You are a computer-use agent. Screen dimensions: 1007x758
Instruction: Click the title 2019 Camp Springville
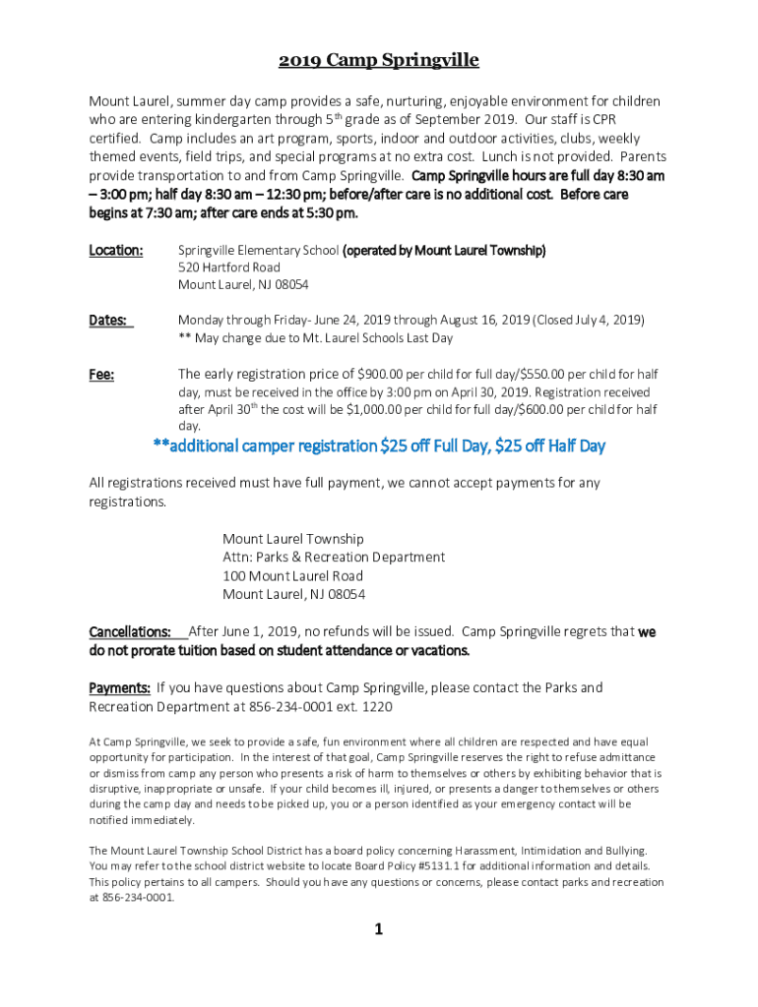(379, 61)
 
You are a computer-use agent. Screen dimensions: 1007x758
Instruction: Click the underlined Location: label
(116, 250)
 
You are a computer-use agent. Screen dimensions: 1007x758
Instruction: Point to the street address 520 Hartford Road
(229, 267)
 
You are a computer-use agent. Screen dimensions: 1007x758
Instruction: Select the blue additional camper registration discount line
(379, 446)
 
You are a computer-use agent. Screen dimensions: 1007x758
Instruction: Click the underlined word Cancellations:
(130, 631)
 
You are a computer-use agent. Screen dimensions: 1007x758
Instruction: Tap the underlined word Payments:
(120, 687)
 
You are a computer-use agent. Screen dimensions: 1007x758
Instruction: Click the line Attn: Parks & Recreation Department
(334, 558)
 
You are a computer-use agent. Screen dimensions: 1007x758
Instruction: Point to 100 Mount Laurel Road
(292, 576)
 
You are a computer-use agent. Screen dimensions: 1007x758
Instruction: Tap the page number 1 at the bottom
(378, 929)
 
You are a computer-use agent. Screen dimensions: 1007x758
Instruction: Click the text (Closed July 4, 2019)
(589, 320)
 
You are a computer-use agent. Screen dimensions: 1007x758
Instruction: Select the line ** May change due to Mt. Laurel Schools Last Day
(315, 337)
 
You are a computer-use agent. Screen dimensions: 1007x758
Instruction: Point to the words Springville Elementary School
(258, 250)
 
